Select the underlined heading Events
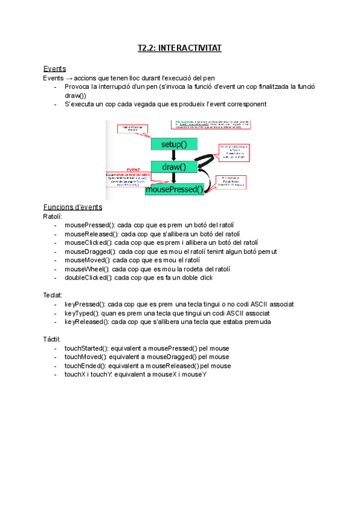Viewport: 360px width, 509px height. coord(55,68)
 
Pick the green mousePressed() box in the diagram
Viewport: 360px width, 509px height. coord(174,190)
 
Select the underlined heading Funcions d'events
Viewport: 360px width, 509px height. coord(73,207)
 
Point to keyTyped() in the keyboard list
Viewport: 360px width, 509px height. coord(83,313)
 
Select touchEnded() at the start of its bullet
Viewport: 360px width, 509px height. coord(86,366)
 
